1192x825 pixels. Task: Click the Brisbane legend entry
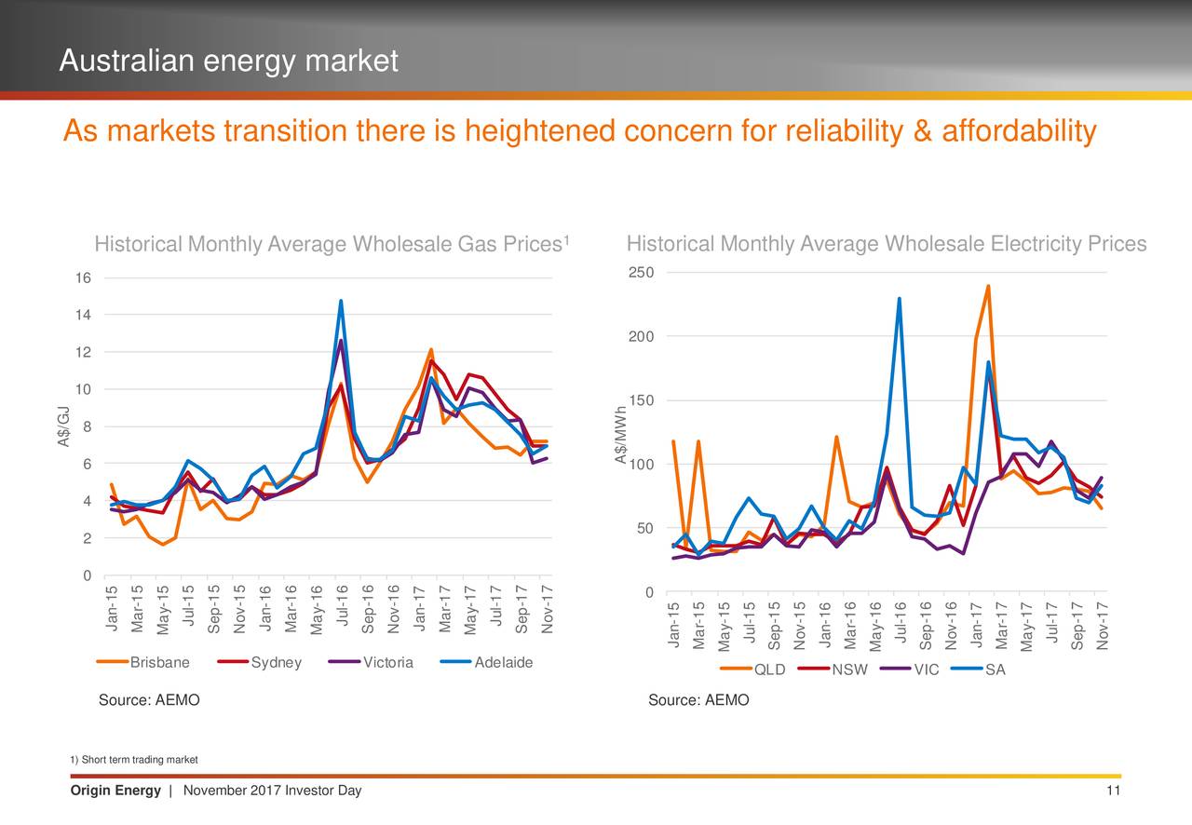(159, 663)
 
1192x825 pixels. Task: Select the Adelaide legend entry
(503, 663)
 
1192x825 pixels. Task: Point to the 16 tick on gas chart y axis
(83, 277)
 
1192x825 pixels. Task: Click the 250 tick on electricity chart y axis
(641, 272)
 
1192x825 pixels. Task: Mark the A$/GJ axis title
(63, 426)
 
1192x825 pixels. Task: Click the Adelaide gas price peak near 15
(341, 301)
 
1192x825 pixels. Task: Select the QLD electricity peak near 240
(988, 286)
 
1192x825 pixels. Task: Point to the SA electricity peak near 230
(900, 299)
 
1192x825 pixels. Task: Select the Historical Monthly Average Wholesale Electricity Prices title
(886, 244)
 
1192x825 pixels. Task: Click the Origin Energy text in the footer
(115, 791)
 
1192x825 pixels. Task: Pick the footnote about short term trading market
(134, 761)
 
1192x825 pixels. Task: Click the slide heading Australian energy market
(228, 61)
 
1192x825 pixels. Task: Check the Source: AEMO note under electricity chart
(698, 700)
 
